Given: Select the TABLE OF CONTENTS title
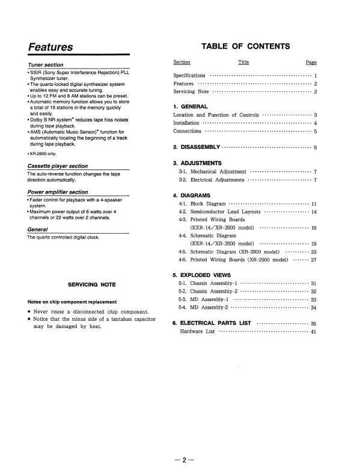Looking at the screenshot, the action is point(245,46).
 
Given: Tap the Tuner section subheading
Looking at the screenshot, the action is point(46,64).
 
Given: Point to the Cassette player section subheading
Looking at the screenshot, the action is point(57,166).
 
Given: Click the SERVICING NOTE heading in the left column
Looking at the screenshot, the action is point(92,284).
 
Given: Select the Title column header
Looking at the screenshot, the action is point(243,62).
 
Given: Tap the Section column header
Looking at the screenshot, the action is point(182,62).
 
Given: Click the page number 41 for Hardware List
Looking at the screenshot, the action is point(313,332).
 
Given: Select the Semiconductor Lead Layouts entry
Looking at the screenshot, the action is point(225,212).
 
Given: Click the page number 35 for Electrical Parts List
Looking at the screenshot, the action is point(313,323).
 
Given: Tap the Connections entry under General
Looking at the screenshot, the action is point(187,131).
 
